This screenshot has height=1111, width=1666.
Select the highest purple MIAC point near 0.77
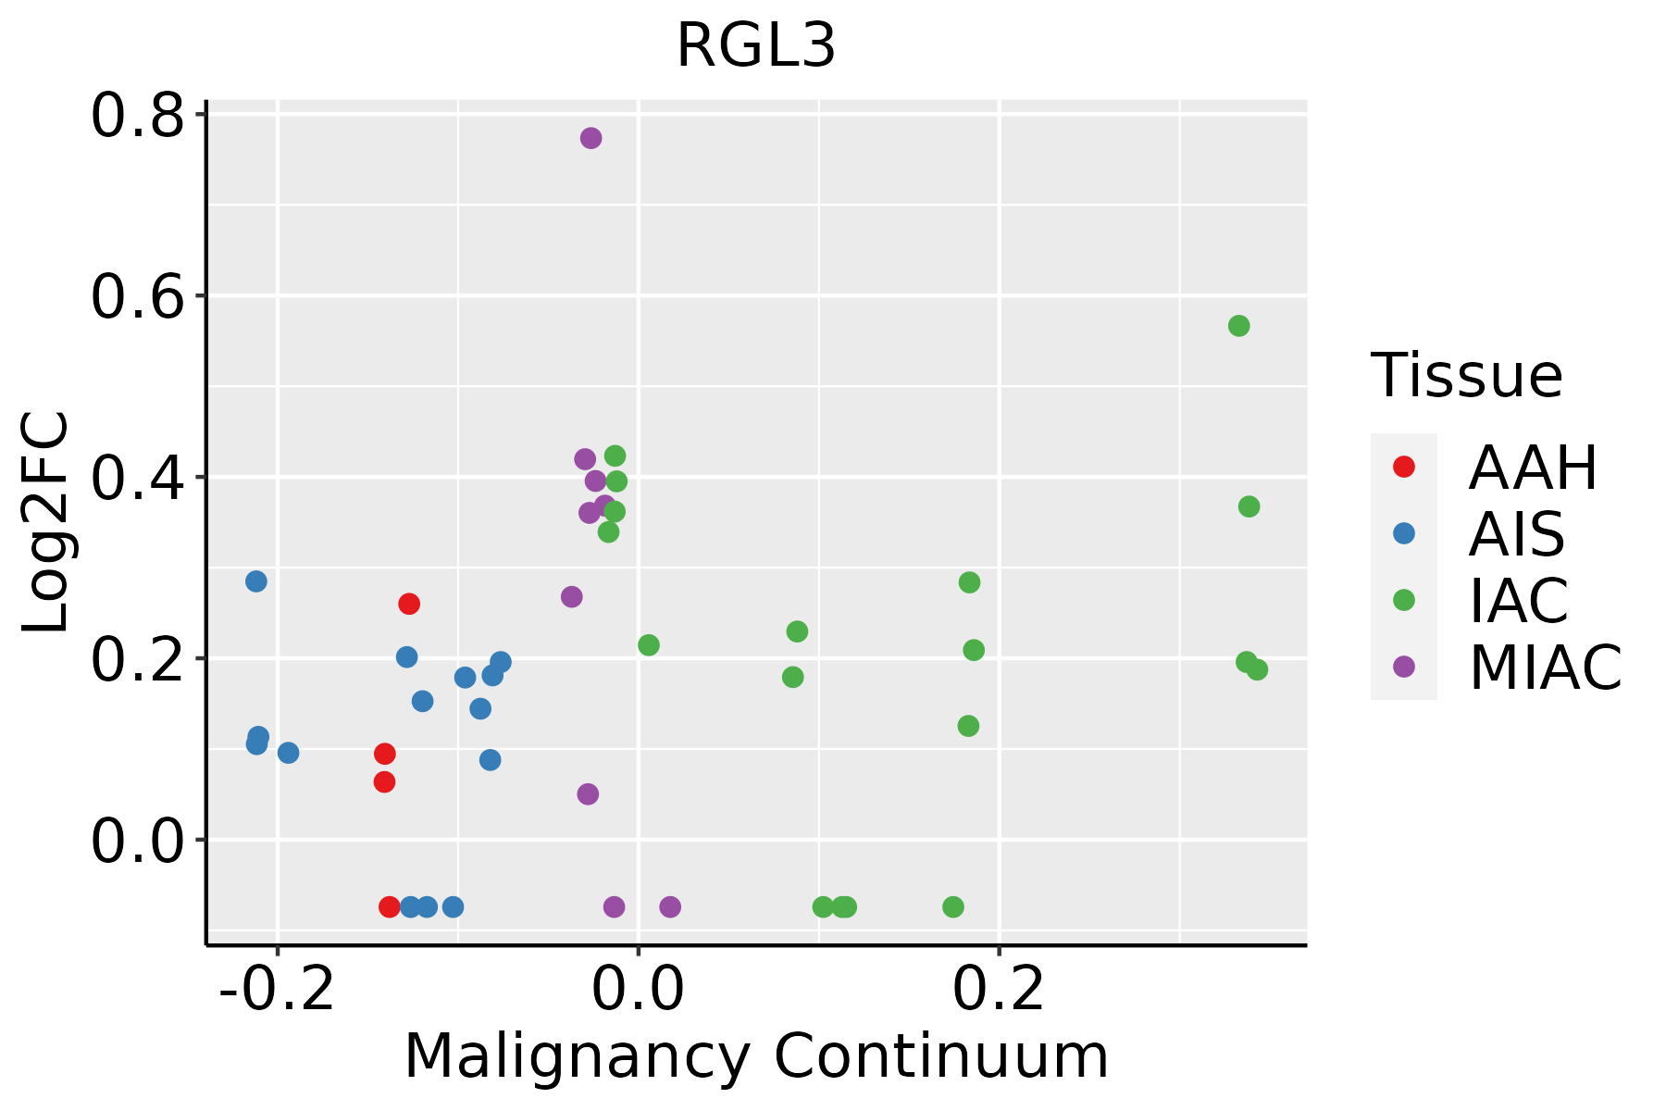591,138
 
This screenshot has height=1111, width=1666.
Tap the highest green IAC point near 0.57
1238,326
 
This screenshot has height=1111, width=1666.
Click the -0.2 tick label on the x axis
276,990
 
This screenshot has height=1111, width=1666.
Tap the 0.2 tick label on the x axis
999,990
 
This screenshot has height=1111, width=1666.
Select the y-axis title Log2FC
46,522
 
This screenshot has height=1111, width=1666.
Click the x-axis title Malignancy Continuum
756,1056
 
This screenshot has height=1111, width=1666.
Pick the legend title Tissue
1467,376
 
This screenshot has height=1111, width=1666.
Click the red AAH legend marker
1403,467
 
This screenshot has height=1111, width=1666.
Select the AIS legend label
1517,534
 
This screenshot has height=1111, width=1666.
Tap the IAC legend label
1519,601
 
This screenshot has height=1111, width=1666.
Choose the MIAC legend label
1545,668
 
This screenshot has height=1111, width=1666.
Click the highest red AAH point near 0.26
409,604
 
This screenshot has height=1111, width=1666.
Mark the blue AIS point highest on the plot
256,581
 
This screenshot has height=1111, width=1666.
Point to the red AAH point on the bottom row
390,906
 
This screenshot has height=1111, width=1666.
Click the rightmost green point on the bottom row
953,906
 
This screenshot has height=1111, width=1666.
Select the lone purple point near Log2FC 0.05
588,794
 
